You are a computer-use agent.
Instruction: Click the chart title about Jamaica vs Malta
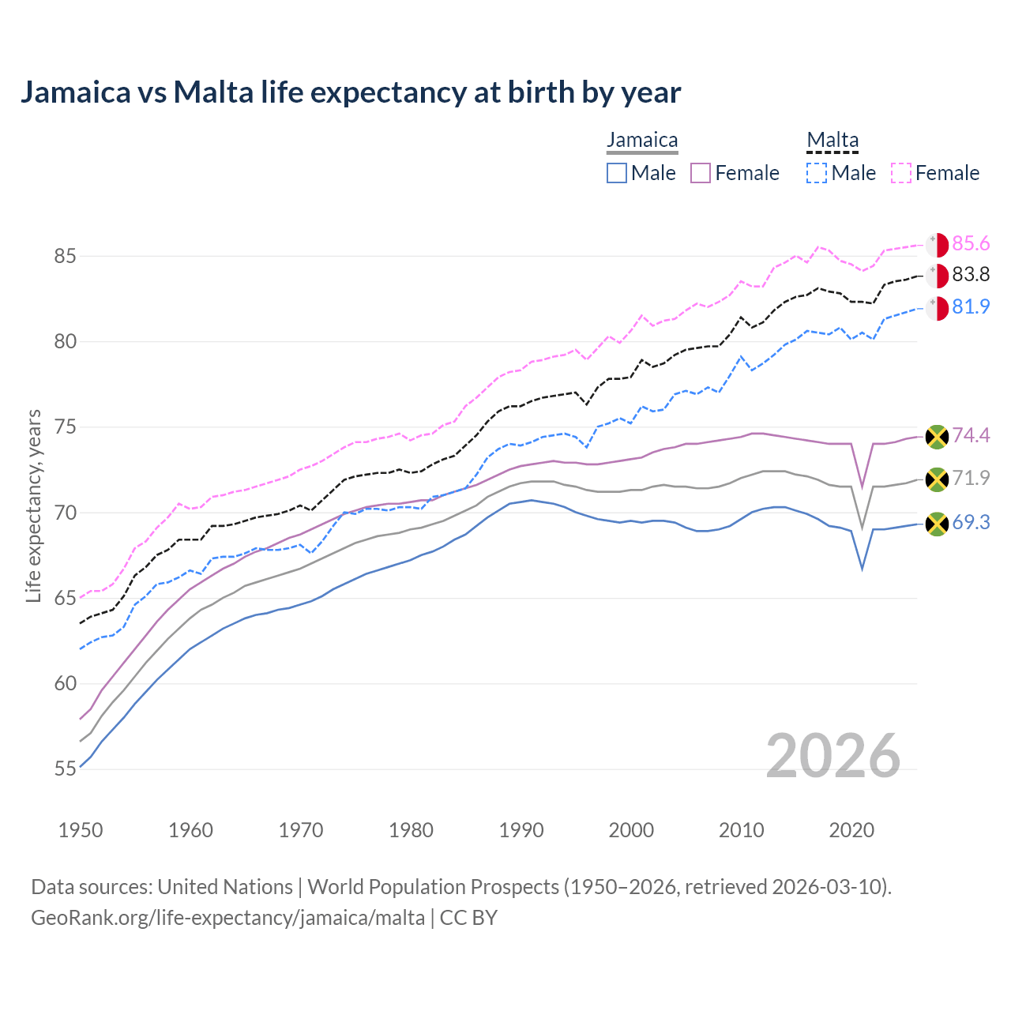[x=351, y=92]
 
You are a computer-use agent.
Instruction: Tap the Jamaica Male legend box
[x=617, y=173]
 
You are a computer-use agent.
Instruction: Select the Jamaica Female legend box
[x=701, y=173]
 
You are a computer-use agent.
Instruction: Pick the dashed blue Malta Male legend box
[x=817, y=173]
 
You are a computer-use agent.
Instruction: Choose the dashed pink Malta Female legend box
[x=901, y=173]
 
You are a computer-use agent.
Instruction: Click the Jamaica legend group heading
[x=642, y=141]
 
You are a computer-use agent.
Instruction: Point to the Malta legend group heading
[x=832, y=141]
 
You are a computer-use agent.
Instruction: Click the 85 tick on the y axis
[x=65, y=257]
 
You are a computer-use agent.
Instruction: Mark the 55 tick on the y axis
[x=65, y=769]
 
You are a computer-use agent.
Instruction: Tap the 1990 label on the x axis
[x=521, y=830]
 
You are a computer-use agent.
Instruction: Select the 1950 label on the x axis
[x=81, y=830]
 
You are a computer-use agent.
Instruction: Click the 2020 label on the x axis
[x=851, y=830]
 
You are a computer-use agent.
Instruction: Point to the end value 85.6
[x=971, y=244]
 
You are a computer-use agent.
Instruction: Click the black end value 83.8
[x=971, y=275]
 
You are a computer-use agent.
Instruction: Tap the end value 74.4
[x=971, y=436]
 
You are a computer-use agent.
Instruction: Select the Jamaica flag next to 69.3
[x=937, y=524]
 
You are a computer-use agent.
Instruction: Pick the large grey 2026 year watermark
[x=833, y=757]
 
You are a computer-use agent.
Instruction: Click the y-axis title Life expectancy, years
[x=34, y=505]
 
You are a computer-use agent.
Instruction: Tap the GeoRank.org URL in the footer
[x=227, y=918]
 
